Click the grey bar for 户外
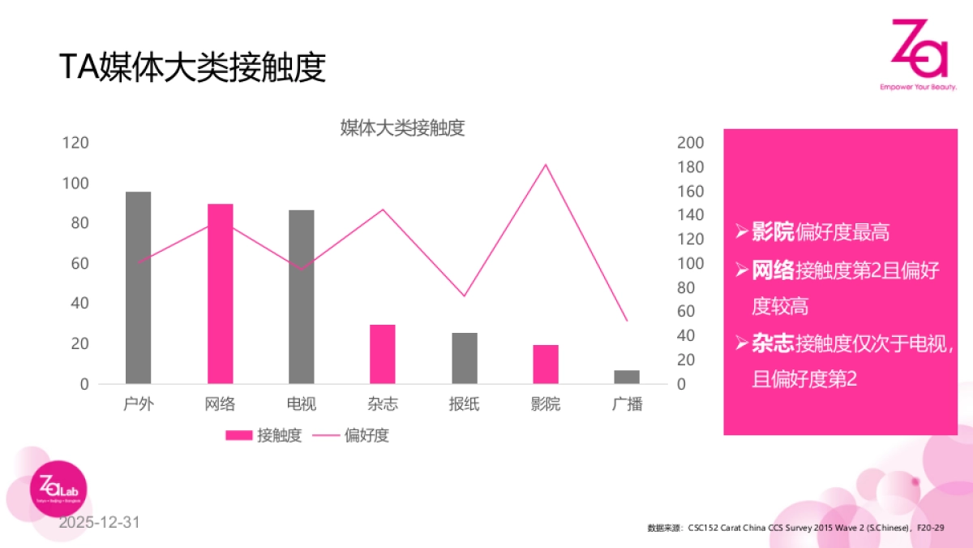pos(138,287)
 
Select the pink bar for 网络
pos(220,293)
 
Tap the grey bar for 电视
pos(301,296)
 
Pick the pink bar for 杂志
pos(383,354)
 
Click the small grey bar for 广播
pos(627,377)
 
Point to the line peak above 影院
pos(546,165)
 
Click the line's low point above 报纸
pos(464,296)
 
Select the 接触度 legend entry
pos(264,435)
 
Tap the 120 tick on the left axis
pos(75,143)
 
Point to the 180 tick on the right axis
pos(689,167)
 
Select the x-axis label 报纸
pos(464,403)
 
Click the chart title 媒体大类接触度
pos(402,128)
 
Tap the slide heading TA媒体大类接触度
pos(192,67)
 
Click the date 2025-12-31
pos(99,522)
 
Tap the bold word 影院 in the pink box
pos(773,232)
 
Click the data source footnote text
pos(795,528)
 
